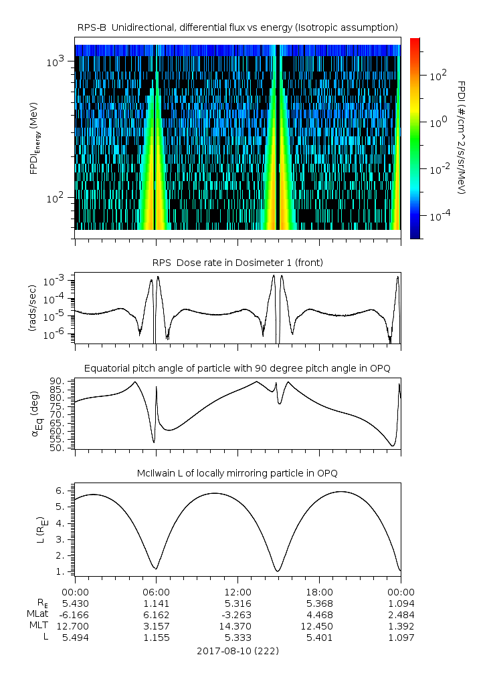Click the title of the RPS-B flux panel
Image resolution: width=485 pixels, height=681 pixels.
pos(237,27)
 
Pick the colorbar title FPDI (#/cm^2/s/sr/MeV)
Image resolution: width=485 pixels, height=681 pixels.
pos(461,137)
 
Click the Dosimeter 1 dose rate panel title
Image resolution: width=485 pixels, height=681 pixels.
pos(237,262)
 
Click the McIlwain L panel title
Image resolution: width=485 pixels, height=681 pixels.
pos(237,473)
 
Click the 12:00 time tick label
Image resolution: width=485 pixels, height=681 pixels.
pos(237,591)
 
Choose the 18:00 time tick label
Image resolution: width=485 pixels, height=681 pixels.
pos(319,591)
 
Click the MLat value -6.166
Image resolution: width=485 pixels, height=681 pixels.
pos(75,614)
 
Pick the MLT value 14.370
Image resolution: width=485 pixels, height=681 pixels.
pos(237,626)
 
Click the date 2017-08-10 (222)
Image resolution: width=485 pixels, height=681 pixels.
pos(237,650)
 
